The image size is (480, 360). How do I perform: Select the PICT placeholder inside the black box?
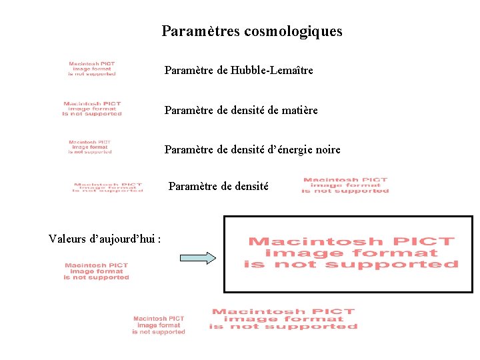click(351, 253)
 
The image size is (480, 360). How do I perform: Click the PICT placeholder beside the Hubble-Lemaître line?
click(92, 69)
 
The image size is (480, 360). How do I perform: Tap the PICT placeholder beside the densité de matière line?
click(92, 109)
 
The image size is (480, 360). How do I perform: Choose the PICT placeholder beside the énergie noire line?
click(90, 147)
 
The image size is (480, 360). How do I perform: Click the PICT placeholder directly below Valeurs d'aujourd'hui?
click(97, 271)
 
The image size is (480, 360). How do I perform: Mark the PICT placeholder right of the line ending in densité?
click(345, 185)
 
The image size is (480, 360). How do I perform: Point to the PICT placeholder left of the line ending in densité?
click(108, 187)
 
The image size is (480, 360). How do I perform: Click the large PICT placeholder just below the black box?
click(283, 319)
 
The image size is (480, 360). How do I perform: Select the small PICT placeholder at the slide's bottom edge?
click(159, 325)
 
